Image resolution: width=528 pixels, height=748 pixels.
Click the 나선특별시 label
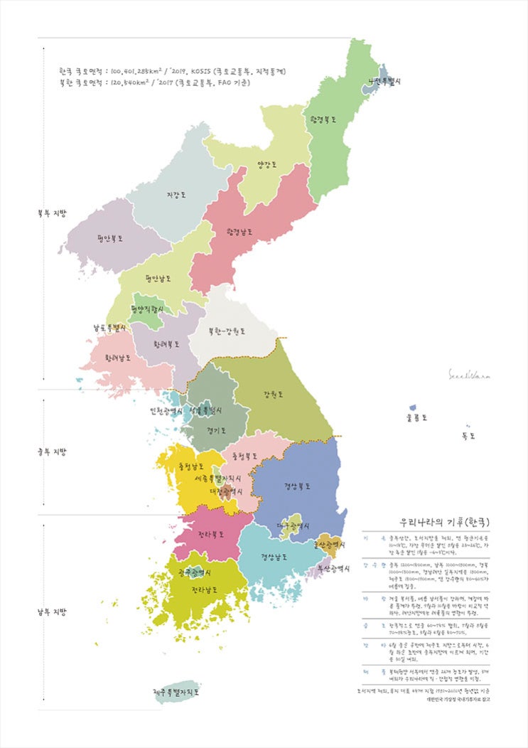click(384, 81)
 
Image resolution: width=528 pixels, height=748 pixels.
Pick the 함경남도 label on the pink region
click(240, 233)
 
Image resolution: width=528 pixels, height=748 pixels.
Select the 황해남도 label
click(118, 358)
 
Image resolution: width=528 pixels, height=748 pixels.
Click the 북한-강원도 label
click(227, 331)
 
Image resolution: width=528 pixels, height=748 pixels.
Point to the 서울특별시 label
click(207, 411)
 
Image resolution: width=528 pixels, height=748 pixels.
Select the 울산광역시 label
click(330, 545)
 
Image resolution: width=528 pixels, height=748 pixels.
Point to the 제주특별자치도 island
click(176, 690)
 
